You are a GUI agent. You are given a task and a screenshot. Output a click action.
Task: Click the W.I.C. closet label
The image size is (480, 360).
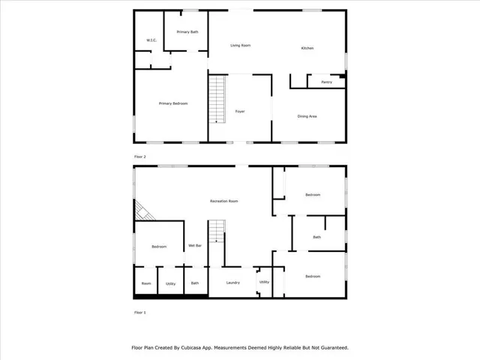click(150, 40)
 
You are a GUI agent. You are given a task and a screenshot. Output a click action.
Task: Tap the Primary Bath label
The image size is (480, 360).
click(187, 32)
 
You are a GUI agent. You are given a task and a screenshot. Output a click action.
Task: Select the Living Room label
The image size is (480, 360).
click(240, 46)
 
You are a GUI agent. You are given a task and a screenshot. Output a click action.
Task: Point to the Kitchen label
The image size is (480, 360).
click(307, 48)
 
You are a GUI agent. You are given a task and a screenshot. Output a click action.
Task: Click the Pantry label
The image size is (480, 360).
click(326, 82)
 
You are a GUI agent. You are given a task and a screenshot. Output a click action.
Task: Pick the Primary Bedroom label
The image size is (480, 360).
click(172, 103)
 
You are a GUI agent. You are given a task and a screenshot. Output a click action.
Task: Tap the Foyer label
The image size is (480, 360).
click(240, 111)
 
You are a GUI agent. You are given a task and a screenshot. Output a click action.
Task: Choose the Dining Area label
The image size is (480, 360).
click(307, 116)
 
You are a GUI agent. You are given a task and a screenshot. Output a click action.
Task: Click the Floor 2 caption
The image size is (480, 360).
click(140, 156)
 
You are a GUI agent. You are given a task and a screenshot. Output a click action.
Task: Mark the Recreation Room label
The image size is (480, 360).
click(224, 202)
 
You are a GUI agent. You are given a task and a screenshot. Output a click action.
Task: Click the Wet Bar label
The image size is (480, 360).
click(194, 246)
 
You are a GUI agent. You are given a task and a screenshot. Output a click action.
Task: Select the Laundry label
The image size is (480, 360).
click(232, 283)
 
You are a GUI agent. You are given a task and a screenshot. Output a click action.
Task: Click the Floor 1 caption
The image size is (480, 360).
click(140, 312)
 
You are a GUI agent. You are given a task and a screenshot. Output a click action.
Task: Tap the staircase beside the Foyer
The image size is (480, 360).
click(217, 99)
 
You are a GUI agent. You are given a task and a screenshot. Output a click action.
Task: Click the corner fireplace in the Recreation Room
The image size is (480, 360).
click(144, 211)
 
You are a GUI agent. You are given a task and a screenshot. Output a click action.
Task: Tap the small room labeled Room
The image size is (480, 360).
click(146, 283)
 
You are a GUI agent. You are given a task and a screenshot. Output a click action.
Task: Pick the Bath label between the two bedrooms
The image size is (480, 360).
click(316, 238)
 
